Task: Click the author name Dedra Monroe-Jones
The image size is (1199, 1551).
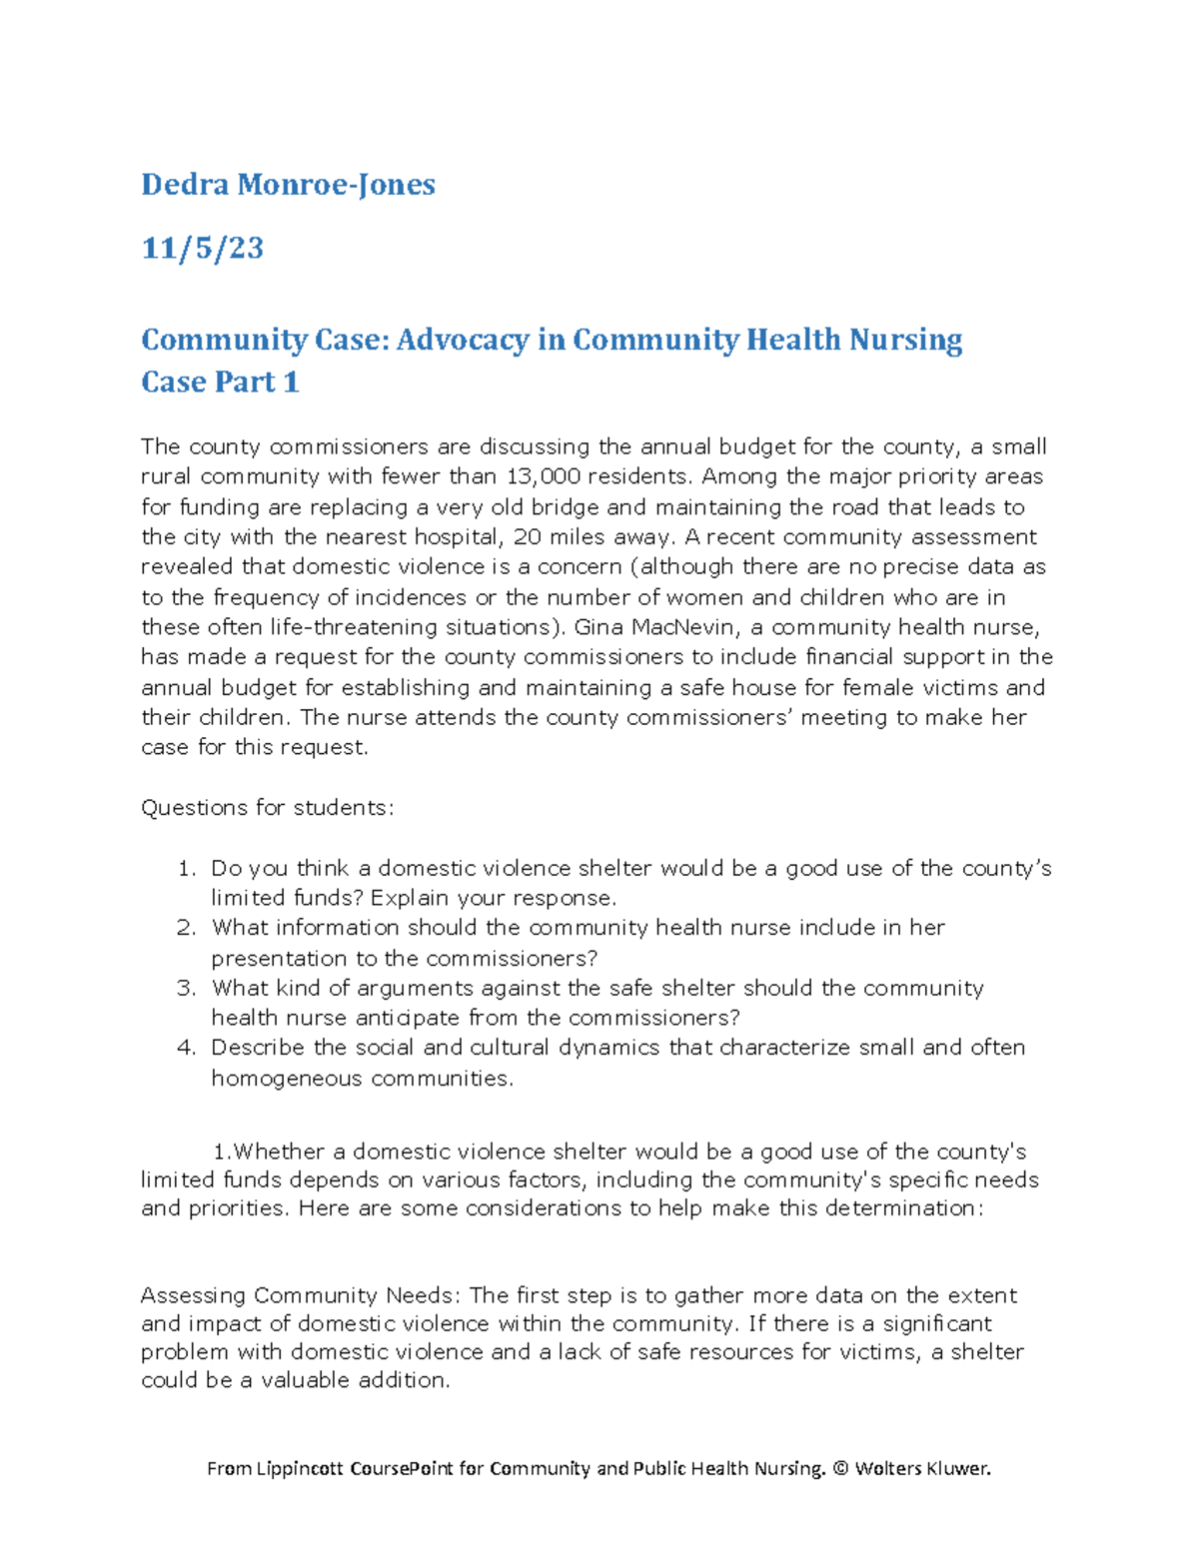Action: [x=288, y=185]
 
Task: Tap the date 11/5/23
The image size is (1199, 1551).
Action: [x=202, y=248]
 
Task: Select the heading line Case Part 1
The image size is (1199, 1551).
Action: [x=220, y=382]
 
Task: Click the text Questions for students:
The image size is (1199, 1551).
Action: [x=267, y=808]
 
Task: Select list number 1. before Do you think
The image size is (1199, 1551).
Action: [x=187, y=869]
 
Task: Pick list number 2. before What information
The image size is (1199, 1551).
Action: [x=187, y=928]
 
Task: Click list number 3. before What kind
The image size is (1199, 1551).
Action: [x=187, y=989]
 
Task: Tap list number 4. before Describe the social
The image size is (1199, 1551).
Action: [x=187, y=1048]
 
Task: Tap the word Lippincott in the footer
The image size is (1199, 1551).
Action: [x=300, y=1468]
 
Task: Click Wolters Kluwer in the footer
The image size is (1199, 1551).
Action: [x=922, y=1468]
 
